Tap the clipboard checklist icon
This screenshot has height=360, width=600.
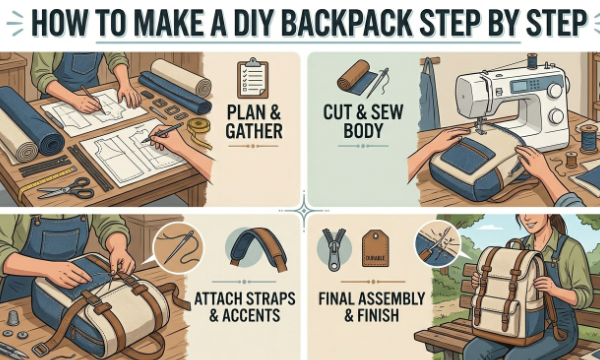tap(253, 78)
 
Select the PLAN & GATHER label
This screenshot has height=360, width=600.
tap(254, 122)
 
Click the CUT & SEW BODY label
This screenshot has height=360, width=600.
tap(363, 121)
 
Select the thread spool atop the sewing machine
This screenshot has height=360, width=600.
tap(532, 60)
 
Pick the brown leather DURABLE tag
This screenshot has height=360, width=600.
tap(375, 248)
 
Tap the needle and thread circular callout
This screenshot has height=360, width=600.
tap(178, 248)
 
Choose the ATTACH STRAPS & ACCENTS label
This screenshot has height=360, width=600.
tap(245, 307)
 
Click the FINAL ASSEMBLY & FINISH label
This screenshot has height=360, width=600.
tap(372, 307)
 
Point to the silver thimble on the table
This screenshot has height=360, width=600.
tap(13, 318)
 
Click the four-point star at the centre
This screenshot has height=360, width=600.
tap(304, 210)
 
